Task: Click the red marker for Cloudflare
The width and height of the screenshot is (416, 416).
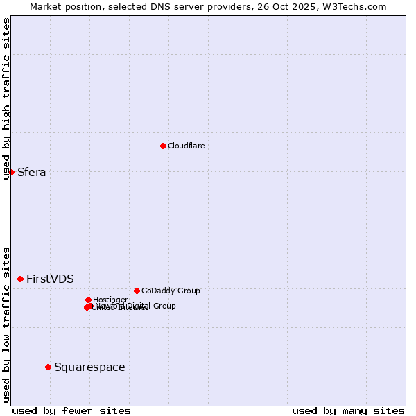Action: tap(163, 146)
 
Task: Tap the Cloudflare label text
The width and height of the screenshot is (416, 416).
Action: tap(186, 146)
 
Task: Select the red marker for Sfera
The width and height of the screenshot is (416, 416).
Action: tap(12, 172)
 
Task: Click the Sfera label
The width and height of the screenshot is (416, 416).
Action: tap(32, 173)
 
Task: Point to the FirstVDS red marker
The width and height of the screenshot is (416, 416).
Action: tap(21, 279)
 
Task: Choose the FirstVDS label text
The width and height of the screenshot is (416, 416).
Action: tap(50, 279)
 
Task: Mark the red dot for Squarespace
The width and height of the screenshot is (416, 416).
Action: tap(48, 367)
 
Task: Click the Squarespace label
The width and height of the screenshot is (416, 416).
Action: tap(89, 367)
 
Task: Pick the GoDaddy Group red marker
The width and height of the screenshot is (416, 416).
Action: tap(137, 291)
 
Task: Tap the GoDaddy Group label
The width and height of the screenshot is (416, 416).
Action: tap(171, 291)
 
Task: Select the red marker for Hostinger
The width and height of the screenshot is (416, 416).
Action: tap(88, 300)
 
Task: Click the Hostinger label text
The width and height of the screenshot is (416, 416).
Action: tap(110, 300)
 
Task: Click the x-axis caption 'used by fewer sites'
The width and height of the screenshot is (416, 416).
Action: tap(71, 410)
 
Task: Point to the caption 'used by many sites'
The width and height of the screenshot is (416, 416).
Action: tap(348, 410)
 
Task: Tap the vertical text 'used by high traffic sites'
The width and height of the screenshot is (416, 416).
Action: tap(7, 98)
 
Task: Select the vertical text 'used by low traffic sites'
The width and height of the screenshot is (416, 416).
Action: tap(7, 324)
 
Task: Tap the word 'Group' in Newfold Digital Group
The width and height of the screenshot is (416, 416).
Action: tap(164, 306)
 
